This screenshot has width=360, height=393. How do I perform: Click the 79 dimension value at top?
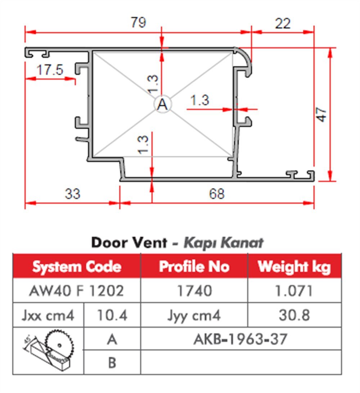pyautogui.click(x=138, y=23)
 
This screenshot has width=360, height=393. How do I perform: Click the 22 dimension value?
pyautogui.click(x=283, y=24)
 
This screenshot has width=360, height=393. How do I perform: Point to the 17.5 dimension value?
pyautogui.click(x=50, y=69)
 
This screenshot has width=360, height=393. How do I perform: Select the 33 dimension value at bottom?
pyautogui.click(x=73, y=194)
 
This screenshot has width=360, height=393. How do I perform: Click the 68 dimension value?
pyautogui.click(x=216, y=194)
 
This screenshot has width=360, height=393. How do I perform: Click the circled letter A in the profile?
pyautogui.click(x=163, y=105)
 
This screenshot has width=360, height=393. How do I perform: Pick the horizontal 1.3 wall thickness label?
pyautogui.click(x=199, y=100)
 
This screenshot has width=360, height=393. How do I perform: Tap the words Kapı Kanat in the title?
pyautogui.click(x=223, y=243)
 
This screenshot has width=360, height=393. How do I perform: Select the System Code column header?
pyautogui.click(x=77, y=267)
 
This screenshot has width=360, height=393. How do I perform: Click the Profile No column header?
pyautogui.click(x=194, y=267)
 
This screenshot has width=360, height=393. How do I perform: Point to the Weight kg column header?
pyautogui.click(x=294, y=267)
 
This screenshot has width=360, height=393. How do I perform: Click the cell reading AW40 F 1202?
pyautogui.click(x=76, y=290)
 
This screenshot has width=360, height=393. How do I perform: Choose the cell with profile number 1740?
pyautogui.click(x=194, y=290)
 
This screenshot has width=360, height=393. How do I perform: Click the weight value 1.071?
pyautogui.click(x=294, y=290)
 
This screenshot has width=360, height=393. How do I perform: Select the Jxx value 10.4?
pyautogui.click(x=112, y=315)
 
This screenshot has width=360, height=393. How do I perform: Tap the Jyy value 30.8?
pyautogui.click(x=294, y=315)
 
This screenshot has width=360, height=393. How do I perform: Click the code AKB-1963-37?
pyautogui.click(x=240, y=339)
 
